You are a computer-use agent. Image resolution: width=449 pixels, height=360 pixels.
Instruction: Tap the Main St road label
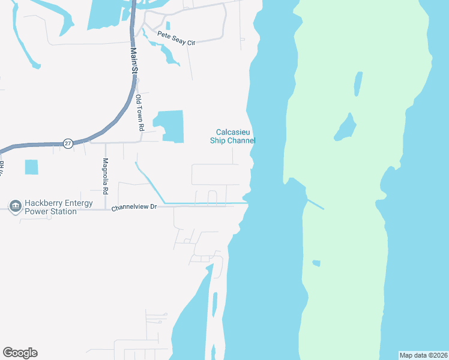click(x=134, y=62)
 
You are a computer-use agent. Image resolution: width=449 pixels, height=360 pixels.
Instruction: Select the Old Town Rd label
click(x=139, y=112)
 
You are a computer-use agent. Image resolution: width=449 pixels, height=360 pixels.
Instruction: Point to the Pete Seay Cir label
click(x=176, y=38)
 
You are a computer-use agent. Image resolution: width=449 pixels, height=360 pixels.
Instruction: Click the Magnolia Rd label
click(x=106, y=176)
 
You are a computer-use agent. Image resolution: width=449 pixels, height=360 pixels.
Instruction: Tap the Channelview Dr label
click(x=134, y=207)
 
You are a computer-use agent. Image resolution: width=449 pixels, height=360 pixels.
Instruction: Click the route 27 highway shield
click(x=68, y=143)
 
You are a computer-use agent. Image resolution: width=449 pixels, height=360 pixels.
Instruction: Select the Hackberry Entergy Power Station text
click(x=58, y=207)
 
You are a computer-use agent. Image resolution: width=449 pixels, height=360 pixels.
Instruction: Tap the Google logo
click(x=20, y=353)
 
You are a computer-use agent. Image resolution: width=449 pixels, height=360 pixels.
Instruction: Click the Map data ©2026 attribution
click(x=423, y=355)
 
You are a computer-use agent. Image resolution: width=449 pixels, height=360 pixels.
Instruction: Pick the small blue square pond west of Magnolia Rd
click(x=31, y=167)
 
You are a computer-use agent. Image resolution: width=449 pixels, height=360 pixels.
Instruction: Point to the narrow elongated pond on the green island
click(x=358, y=84)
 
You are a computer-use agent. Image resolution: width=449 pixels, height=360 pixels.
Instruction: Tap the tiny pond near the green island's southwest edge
click(x=316, y=263)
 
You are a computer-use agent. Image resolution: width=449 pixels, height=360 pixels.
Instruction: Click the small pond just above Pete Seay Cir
click(x=167, y=25)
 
